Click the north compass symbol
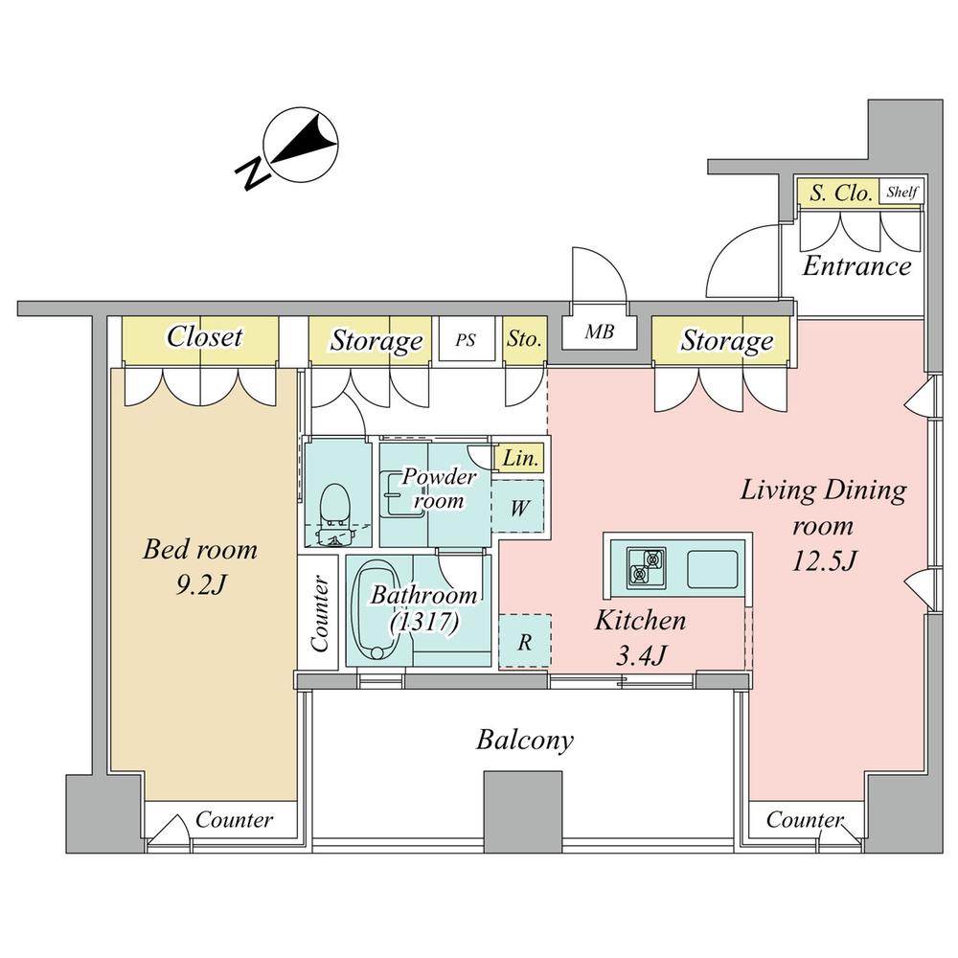pos(292,147)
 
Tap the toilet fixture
pos(334,514)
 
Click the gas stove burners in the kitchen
pos(646,567)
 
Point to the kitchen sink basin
pos(713,568)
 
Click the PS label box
pos(466,340)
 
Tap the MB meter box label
pos(599,331)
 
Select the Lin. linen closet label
pos(520,458)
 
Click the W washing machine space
pos(518,507)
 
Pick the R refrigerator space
pos(525,642)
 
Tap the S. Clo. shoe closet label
pos(840,194)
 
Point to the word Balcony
pos(525,740)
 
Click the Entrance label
pos(856,266)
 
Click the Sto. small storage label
pos(524,339)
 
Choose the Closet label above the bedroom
pos(205,336)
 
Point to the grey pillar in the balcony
pos(523,812)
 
